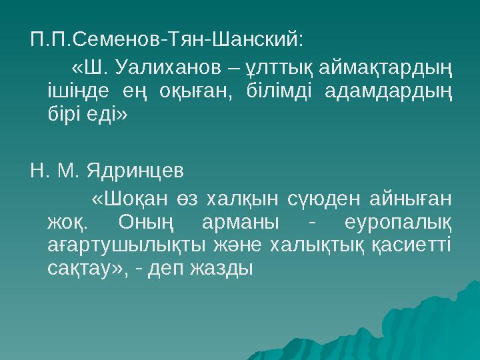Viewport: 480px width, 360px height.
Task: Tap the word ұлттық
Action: (279, 69)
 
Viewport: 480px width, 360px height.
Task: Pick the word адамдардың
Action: (393, 91)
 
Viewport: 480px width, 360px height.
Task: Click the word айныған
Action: (410, 199)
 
